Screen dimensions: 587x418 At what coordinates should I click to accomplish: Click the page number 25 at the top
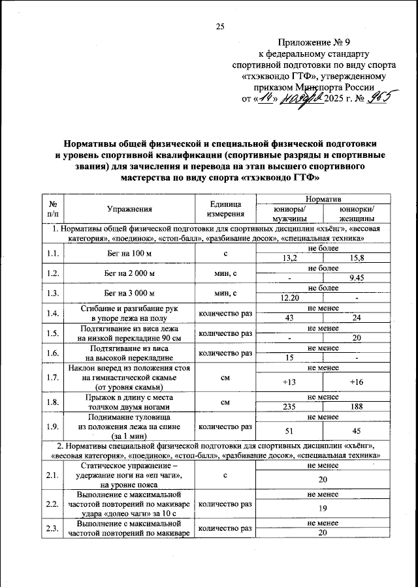point(219,26)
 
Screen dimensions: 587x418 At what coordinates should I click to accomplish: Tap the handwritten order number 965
point(378,97)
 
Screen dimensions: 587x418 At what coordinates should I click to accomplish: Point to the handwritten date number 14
point(265,98)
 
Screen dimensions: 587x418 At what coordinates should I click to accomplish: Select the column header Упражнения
point(129,209)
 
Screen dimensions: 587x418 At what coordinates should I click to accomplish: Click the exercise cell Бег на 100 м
point(129,254)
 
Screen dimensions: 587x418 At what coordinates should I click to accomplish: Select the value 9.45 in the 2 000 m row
point(357,278)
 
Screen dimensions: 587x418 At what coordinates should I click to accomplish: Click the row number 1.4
point(52,313)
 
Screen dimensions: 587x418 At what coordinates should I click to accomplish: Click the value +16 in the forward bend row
point(357,382)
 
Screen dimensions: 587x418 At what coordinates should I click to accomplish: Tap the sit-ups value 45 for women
point(357,431)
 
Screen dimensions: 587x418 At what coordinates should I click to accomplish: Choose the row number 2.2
point(52,504)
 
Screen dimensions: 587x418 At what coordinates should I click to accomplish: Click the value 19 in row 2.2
point(323,508)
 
